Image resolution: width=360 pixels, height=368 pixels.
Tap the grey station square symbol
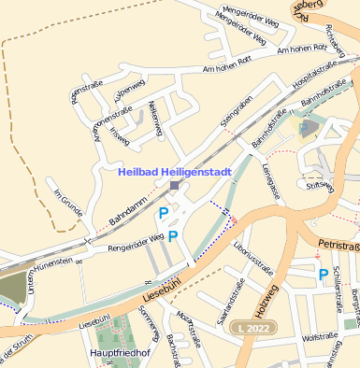click(x=175, y=186)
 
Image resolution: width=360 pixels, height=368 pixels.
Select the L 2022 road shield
click(x=253, y=330)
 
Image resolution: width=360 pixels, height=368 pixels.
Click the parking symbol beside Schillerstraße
click(x=323, y=275)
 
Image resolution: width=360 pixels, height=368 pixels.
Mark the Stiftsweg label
click(x=320, y=186)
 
